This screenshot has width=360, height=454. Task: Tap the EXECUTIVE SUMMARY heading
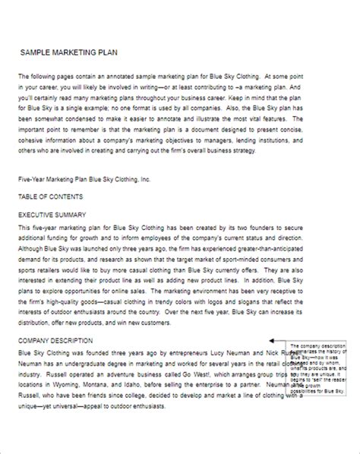(52, 215)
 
